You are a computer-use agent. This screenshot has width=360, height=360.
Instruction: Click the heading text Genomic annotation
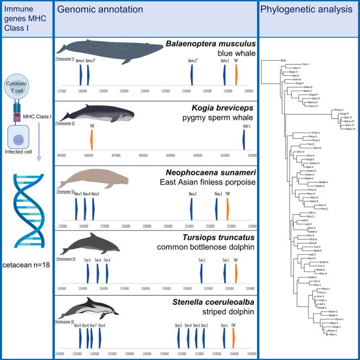click(100, 9)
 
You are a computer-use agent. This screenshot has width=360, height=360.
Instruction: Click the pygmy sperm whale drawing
click(93, 114)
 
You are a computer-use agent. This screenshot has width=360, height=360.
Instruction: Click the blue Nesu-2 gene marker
click(191, 208)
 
